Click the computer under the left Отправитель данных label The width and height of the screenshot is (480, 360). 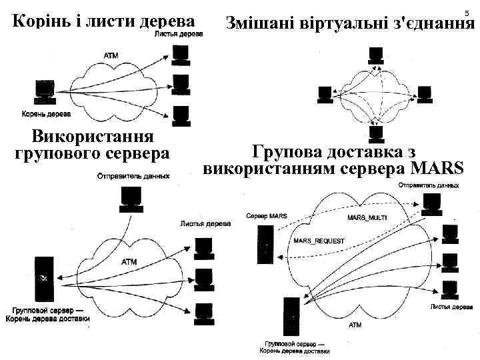pos(131,198)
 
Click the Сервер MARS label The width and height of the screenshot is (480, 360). pos(266,216)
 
